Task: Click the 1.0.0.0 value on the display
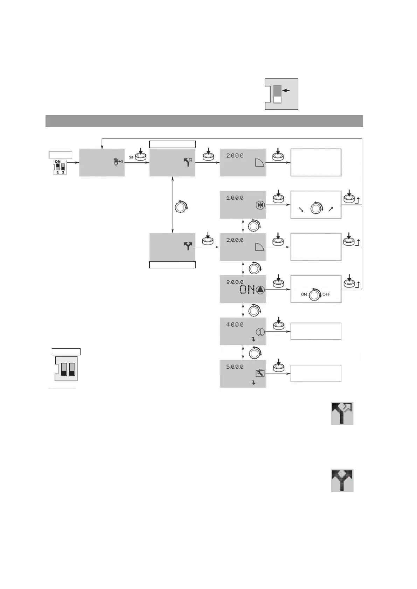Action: (234, 198)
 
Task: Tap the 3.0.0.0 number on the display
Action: (234, 282)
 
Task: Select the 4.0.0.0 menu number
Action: (234, 325)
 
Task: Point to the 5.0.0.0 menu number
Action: (234, 367)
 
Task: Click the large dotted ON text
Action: (247, 290)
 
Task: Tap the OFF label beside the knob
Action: (326, 294)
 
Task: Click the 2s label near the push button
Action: (131, 157)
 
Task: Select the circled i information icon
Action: (260, 332)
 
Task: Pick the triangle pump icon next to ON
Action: (260, 290)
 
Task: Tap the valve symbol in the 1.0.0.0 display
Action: (260, 205)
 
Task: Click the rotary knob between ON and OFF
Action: (315, 295)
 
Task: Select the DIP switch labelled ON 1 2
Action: (60, 167)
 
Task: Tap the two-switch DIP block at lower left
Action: (67, 368)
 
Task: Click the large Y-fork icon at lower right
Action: (342, 481)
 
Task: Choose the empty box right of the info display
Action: (315, 331)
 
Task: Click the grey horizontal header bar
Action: (204, 121)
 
